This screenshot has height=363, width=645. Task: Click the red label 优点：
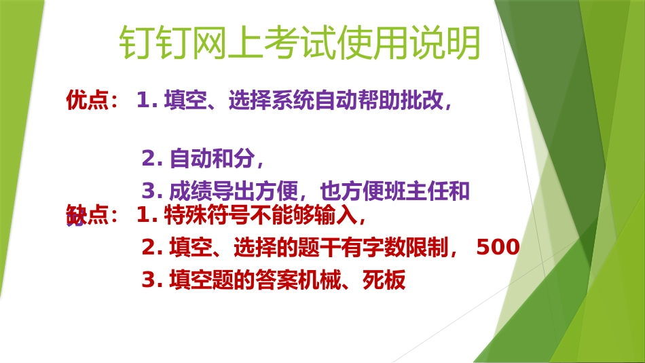point(92,100)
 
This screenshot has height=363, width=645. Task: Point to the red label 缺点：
point(92,216)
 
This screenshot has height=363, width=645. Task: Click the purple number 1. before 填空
point(147,100)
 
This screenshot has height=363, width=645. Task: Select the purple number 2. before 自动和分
point(152,159)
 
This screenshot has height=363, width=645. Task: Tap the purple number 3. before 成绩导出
point(152,192)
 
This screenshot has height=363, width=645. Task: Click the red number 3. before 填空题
point(152,280)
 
